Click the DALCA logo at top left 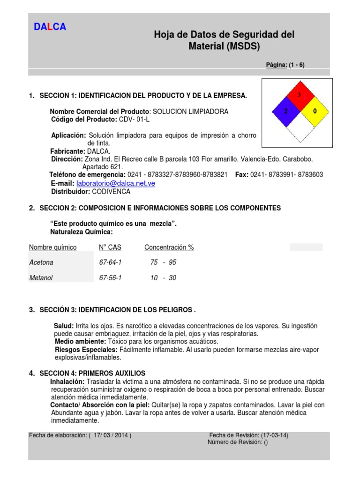pyautogui.click(x=50, y=27)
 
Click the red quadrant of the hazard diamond pyautogui.click(x=299, y=97)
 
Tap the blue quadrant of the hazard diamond pyautogui.click(x=285, y=111)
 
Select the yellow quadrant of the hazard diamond pyautogui.click(x=314, y=111)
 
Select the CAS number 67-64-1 pyautogui.click(x=110, y=262)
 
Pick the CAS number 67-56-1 pyautogui.click(x=110, y=278)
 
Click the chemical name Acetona pyautogui.click(x=41, y=262)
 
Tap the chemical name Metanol pyautogui.click(x=41, y=278)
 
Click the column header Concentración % pyautogui.click(x=169, y=247)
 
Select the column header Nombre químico pyautogui.click(x=52, y=247)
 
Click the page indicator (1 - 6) pyautogui.click(x=297, y=65)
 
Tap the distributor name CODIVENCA pyautogui.click(x=111, y=191)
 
